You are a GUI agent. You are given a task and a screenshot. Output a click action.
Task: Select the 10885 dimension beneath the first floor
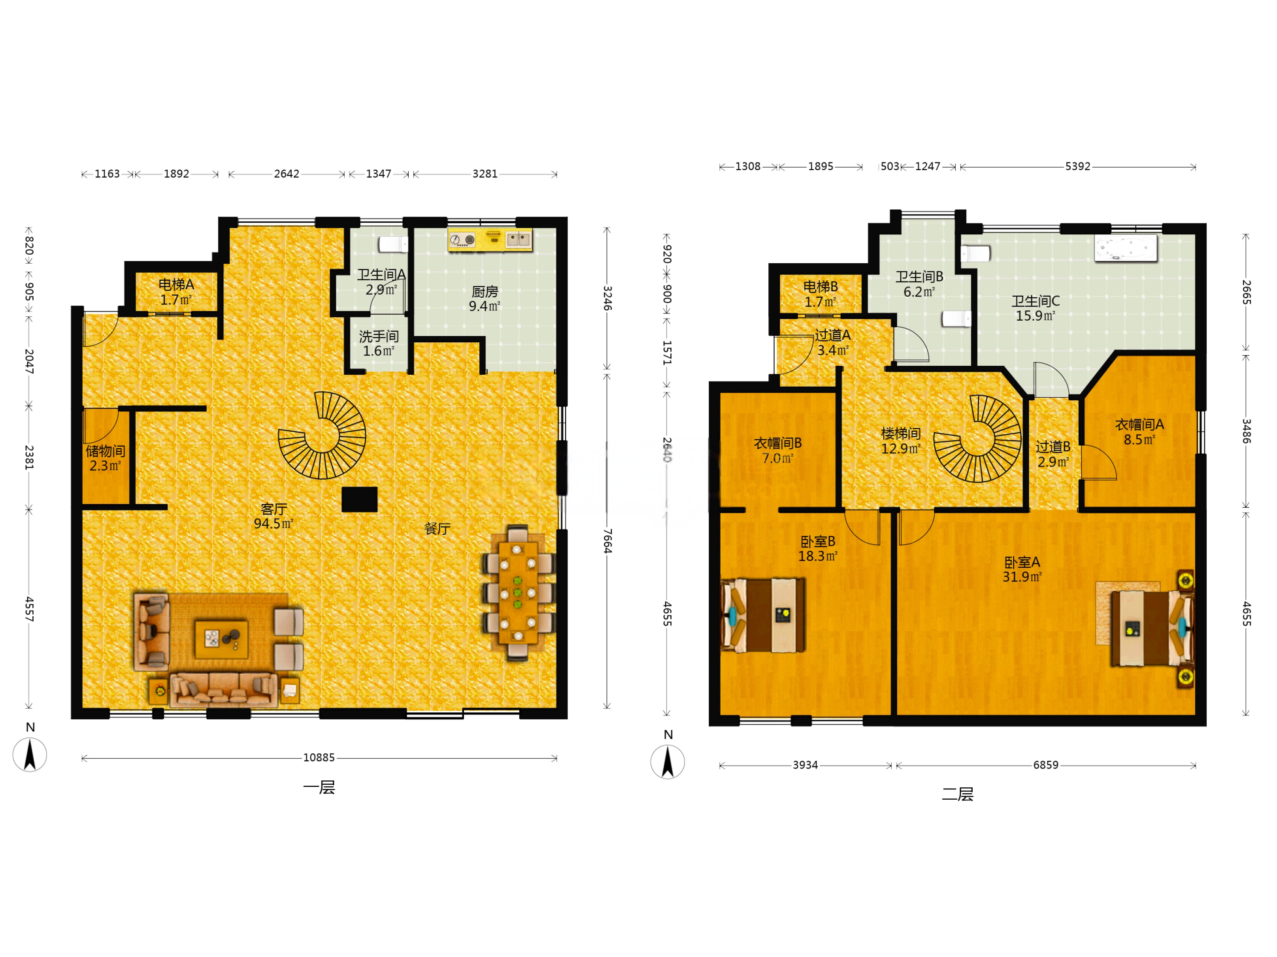point(319,758)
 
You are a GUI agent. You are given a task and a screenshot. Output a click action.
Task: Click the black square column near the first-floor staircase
point(359,500)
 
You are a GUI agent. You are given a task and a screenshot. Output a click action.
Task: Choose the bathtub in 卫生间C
point(1126,248)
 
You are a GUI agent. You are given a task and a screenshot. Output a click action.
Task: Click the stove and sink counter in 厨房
point(490,240)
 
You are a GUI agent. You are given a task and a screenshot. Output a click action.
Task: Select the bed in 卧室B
point(763,615)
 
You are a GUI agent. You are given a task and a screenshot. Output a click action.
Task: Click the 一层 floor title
point(319,787)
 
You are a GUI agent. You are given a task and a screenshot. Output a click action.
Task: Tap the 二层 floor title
point(958,795)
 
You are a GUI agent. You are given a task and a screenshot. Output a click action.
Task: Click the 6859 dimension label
point(1045,765)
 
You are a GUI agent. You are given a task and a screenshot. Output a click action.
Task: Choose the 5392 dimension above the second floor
point(1078,166)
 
